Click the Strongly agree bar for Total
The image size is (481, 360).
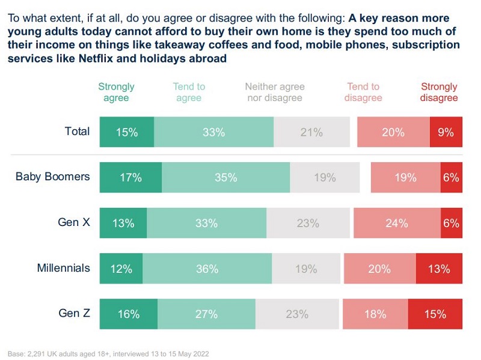pyautogui.click(x=127, y=132)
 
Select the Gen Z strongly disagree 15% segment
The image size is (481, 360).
pyautogui.click(x=435, y=314)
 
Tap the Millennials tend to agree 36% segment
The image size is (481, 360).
pyautogui.click(x=207, y=269)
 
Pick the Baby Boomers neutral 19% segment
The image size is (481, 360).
pyautogui.click(x=325, y=178)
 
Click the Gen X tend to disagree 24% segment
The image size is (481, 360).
pyautogui.click(x=397, y=223)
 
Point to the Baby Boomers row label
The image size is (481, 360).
pyautogui.click(x=53, y=177)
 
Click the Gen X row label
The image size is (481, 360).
pyautogui.click(x=74, y=222)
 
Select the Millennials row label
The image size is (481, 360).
pyautogui.click(x=63, y=267)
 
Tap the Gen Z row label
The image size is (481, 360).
pyautogui.click(x=74, y=313)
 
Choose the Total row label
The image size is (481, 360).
pyautogui.click(x=77, y=131)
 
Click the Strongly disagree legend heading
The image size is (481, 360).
pyautogui.click(x=439, y=92)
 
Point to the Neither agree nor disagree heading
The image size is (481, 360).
pyautogui.click(x=275, y=92)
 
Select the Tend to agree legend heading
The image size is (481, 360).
pyautogui.click(x=189, y=92)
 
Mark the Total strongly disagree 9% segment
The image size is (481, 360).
pyautogui.click(x=446, y=132)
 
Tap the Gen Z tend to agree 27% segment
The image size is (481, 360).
pyautogui.click(x=206, y=314)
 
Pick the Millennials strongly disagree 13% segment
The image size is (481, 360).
pyautogui.click(x=439, y=269)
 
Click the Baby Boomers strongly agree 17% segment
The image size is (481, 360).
pyautogui.click(x=130, y=178)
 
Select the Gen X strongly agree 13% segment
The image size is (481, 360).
pyautogui.click(x=123, y=223)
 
